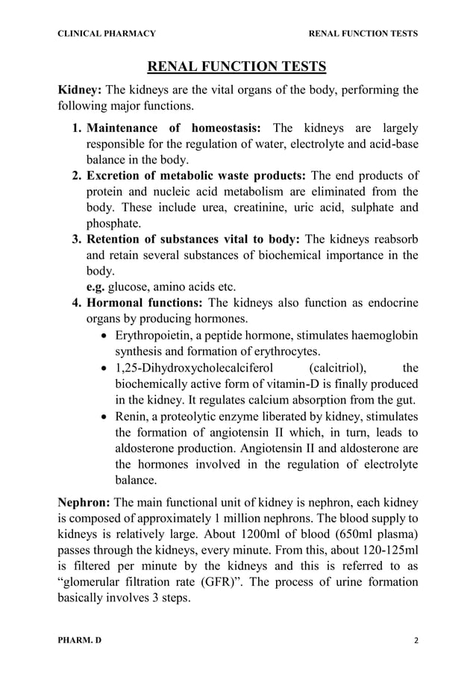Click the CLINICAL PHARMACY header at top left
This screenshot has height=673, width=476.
[107, 34]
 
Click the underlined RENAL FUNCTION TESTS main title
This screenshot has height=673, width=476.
[237, 68]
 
